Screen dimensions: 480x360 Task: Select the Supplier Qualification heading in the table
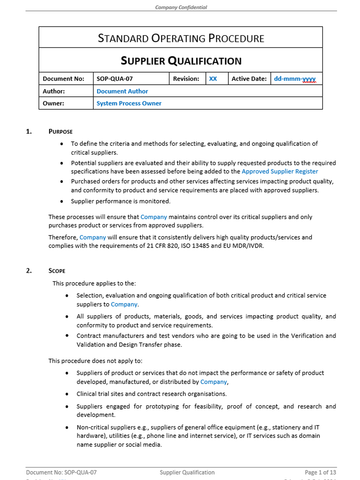(181, 60)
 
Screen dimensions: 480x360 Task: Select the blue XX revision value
(212, 77)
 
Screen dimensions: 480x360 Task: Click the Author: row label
(55, 90)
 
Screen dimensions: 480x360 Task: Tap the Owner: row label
(54, 102)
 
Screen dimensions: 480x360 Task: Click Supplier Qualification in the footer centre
(180, 470)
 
